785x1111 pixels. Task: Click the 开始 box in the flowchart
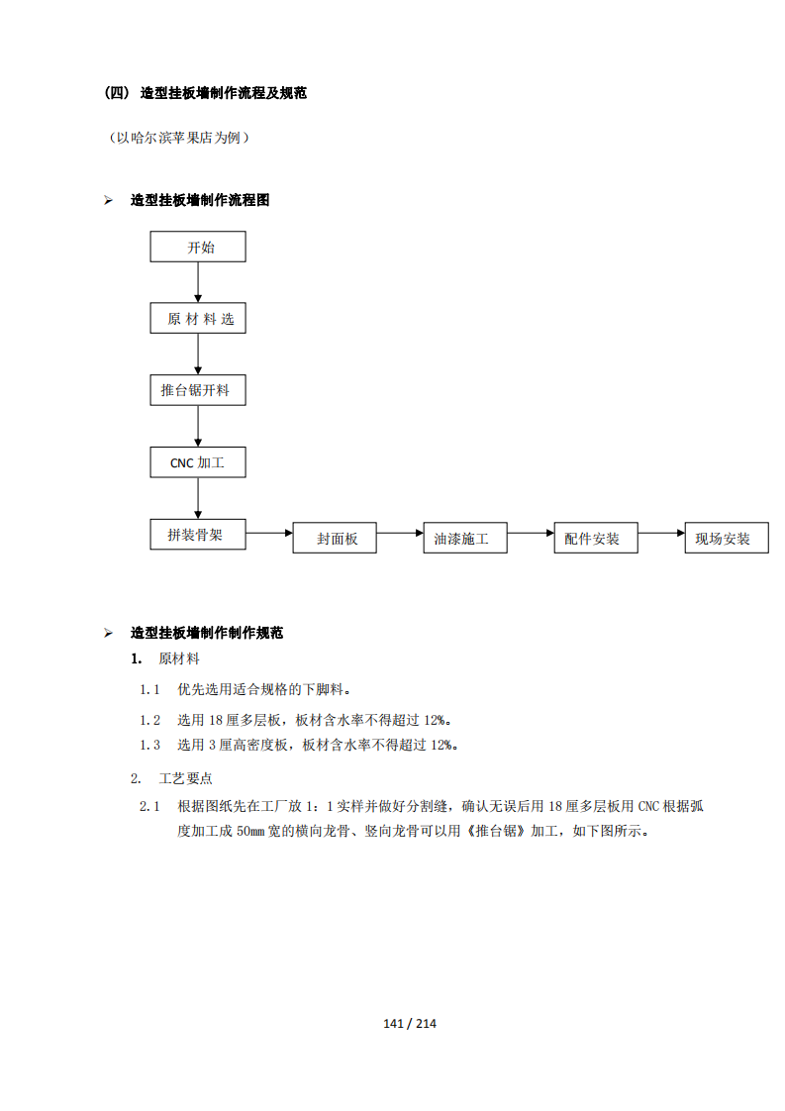point(198,247)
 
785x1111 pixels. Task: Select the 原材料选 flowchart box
point(198,318)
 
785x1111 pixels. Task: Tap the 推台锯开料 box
point(198,390)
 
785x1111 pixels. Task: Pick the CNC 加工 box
point(198,462)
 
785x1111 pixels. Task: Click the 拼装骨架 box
point(198,535)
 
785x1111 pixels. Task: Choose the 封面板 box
point(335,538)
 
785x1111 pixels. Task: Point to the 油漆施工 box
point(465,538)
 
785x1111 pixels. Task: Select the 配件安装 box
point(596,538)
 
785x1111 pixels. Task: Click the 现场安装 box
point(727,538)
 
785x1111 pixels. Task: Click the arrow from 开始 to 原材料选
point(198,283)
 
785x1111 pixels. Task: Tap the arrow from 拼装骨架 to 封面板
point(269,533)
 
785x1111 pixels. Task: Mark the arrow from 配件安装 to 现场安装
point(661,533)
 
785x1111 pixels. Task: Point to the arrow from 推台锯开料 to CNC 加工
point(198,427)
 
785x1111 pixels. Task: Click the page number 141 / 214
point(410,1023)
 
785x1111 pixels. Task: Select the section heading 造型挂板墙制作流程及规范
point(223,93)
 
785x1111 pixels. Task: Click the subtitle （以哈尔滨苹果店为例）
point(178,138)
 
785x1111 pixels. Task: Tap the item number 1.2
point(149,721)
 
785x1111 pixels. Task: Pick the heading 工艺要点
point(186,778)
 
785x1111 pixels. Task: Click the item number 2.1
point(149,806)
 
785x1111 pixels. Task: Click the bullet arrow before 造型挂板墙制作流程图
point(109,201)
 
